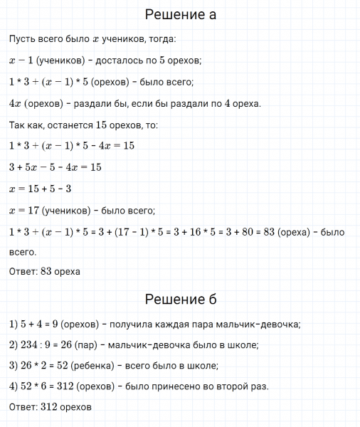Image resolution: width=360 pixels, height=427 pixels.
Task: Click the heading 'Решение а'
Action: pyautogui.click(x=180, y=14)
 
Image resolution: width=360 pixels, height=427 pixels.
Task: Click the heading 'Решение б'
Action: pyautogui.click(x=180, y=298)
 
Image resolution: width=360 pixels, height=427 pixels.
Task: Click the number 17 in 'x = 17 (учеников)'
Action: pyautogui.click(x=34, y=211)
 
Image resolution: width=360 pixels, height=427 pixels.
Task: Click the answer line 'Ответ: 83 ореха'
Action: pyautogui.click(x=45, y=271)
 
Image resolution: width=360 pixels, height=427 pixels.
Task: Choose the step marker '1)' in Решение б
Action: pyautogui.click(x=14, y=325)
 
